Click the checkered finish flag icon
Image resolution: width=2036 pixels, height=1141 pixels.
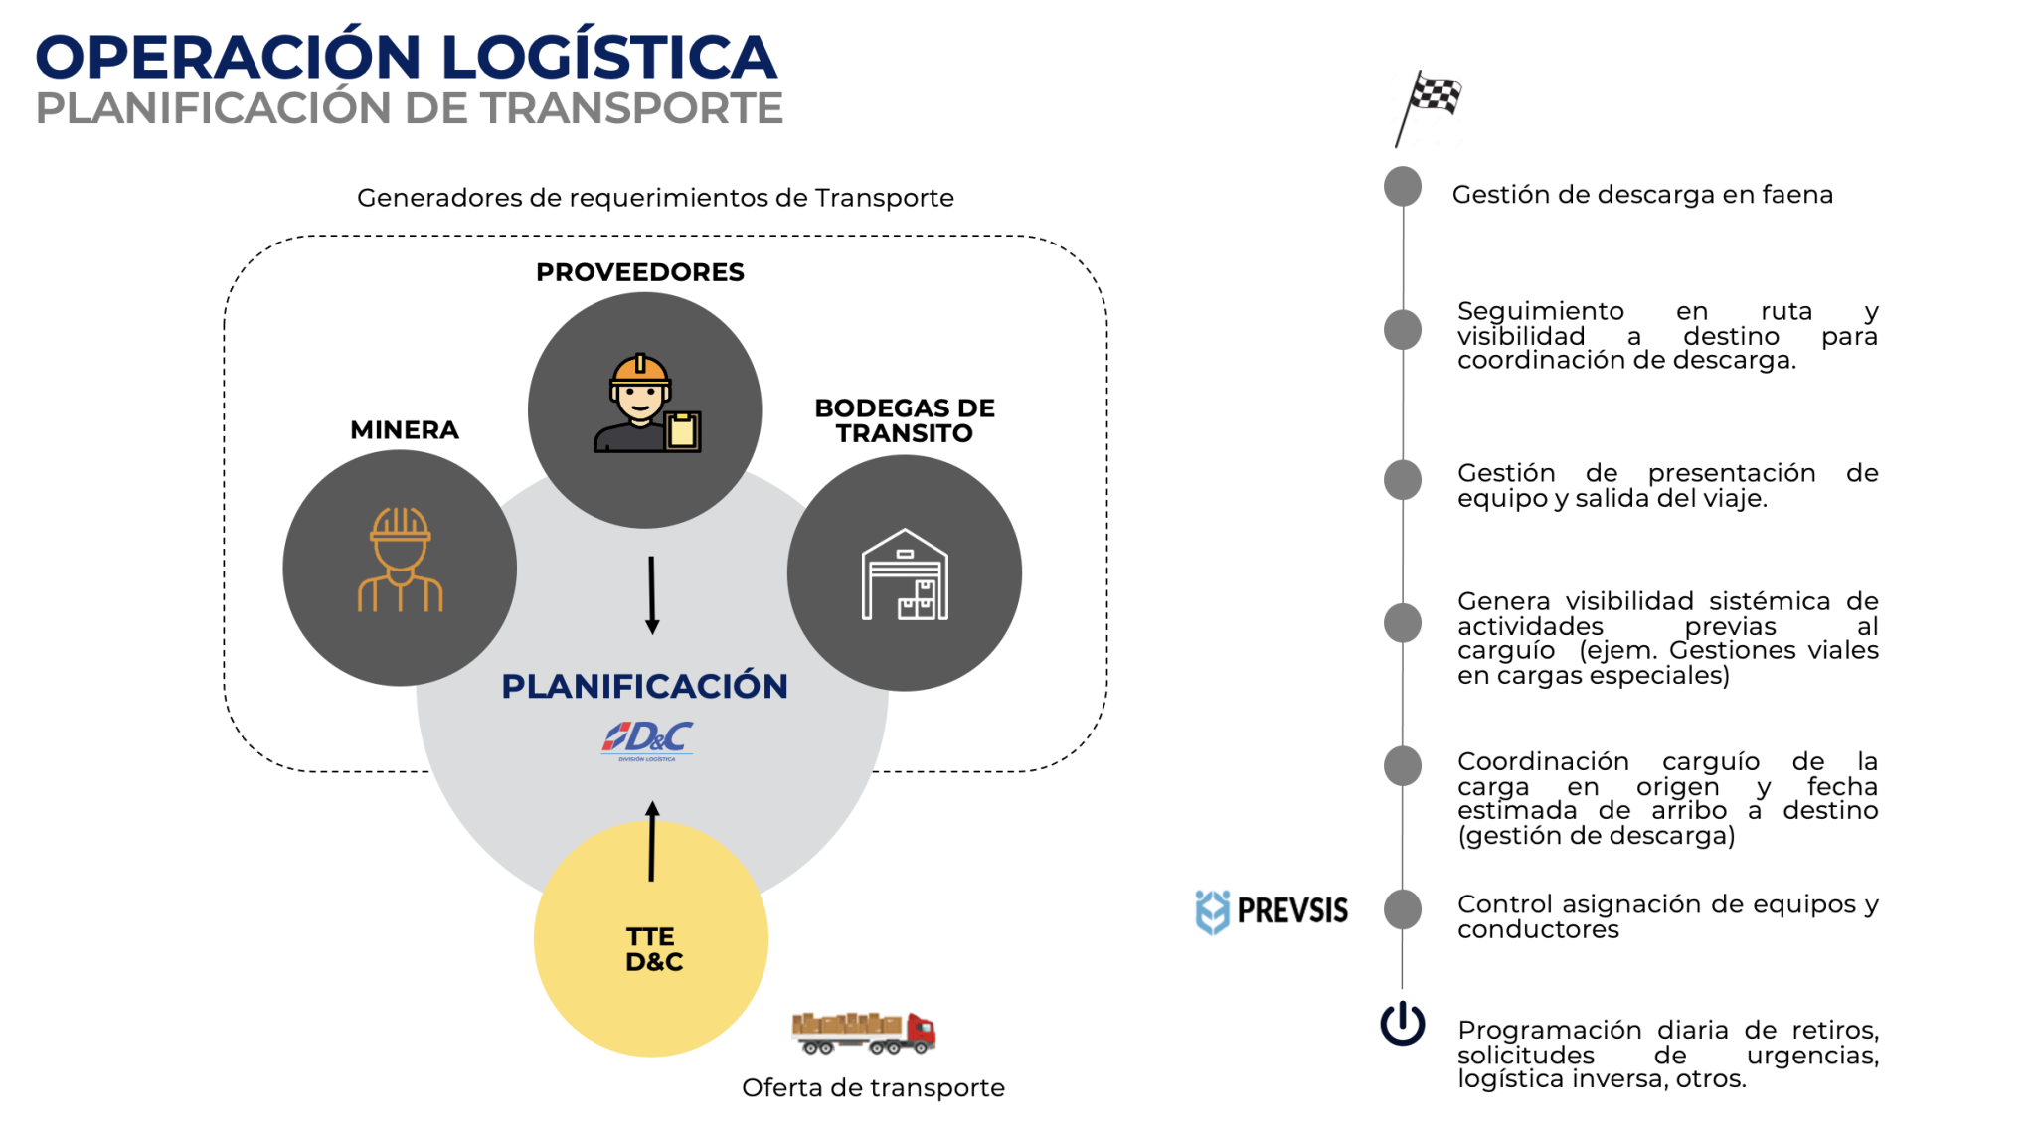[x=1429, y=105]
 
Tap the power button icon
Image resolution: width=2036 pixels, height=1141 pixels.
[x=1402, y=1024]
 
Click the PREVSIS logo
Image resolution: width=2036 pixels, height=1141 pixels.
[x=1272, y=910]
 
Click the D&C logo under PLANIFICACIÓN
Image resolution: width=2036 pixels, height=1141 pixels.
[x=646, y=739]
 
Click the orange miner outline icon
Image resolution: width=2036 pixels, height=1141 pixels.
[x=400, y=561]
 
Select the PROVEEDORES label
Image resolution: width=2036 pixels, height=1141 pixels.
[x=639, y=272]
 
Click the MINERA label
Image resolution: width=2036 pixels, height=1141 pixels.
[x=405, y=430]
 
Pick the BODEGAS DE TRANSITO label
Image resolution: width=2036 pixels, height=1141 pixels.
[x=905, y=420]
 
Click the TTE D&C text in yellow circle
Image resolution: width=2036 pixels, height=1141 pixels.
[x=653, y=949]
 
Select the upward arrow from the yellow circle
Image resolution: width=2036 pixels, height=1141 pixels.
[x=652, y=841]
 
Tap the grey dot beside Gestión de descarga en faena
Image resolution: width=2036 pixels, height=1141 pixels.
[x=1403, y=187]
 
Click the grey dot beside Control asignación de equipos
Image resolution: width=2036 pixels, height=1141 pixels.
[x=1403, y=909]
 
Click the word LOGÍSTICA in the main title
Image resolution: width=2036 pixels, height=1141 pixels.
[x=608, y=58]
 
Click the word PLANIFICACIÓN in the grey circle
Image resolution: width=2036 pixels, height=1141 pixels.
[x=644, y=686]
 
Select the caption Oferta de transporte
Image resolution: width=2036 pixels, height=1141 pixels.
[x=873, y=1088]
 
